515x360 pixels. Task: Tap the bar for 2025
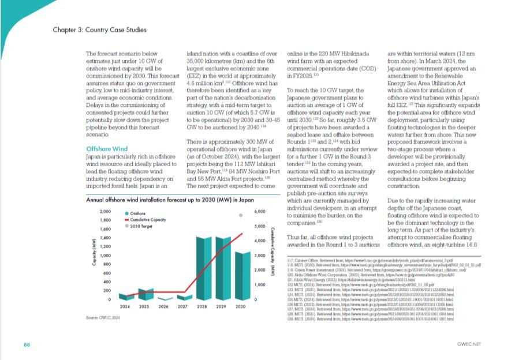click(145, 294)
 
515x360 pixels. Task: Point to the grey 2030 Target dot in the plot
click(241, 215)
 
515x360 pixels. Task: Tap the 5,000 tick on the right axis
click(260, 227)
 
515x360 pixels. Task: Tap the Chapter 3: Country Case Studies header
click(99, 29)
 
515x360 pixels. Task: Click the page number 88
click(27, 344)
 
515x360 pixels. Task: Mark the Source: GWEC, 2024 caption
click(102, 318)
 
